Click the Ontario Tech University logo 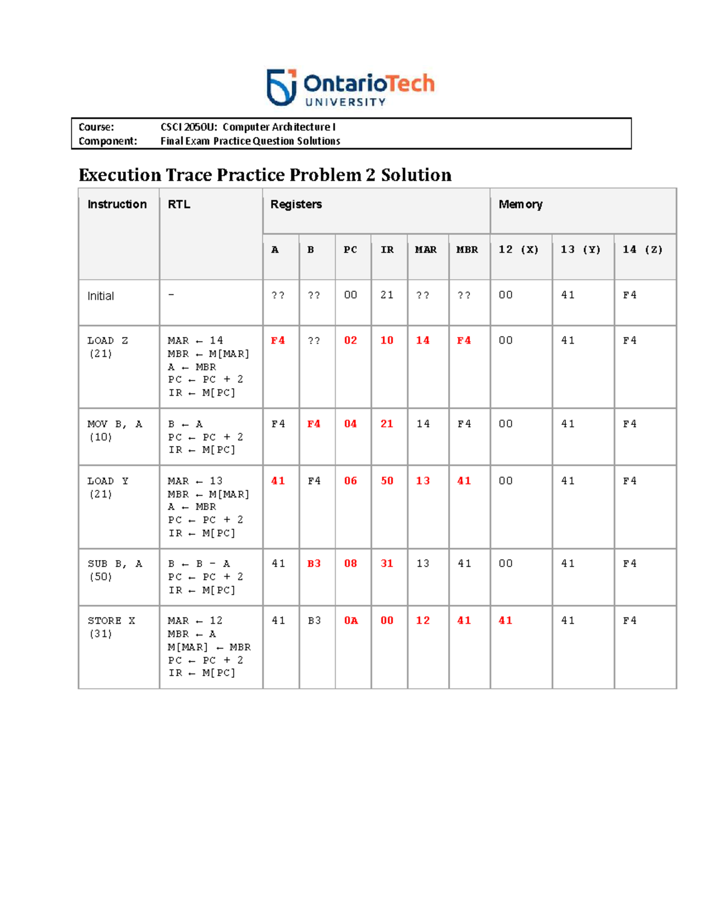coord(350,88)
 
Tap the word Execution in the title coord(120,175)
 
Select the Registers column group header coord(296,204)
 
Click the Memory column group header coord(520,204)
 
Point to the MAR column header coord(426,250)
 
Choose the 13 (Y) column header coord(581,250)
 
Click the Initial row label coord(101,296)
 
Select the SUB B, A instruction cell coord(115,570)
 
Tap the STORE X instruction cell coord(111,627)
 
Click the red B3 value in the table coord(314,564)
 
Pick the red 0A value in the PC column coord(350,620)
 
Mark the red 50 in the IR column coord(387,481)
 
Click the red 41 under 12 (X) coord(505,620)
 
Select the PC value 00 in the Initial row coord(350,295)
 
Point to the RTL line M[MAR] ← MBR coord(209,647)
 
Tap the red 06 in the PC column coord(350,481)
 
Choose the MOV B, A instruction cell coord(115,430)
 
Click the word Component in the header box coord(107,141)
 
